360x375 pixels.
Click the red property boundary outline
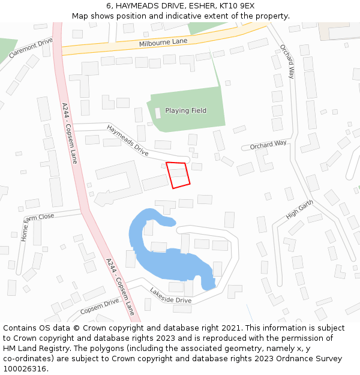[178, 175]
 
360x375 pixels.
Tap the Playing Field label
[185, 110]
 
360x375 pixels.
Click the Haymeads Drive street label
[127, 140]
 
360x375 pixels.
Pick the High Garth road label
[299, 209]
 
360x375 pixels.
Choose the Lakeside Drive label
[170, 295]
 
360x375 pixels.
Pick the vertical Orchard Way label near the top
[287, 61]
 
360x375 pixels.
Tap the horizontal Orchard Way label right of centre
[268, 145]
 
